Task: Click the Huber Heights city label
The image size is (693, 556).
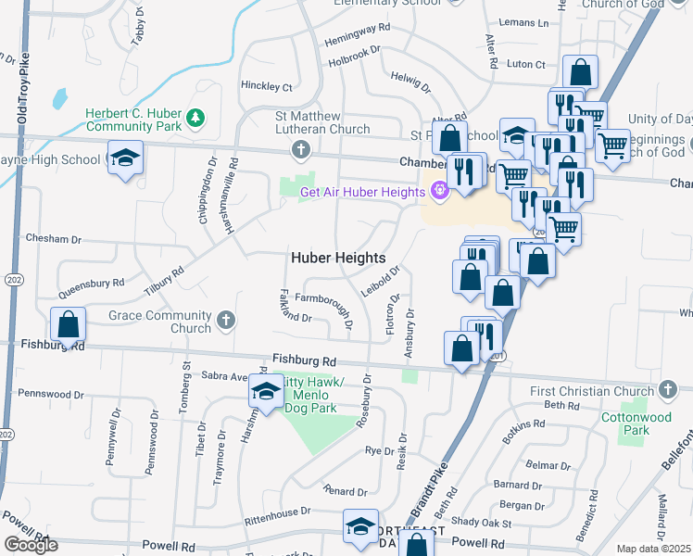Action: [339, 257]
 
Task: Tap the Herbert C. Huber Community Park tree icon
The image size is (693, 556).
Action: [195, 118]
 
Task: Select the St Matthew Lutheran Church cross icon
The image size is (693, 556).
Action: [299, 148]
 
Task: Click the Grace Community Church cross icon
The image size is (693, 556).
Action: [224, 322]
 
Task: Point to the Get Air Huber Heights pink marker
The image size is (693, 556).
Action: [438, 192]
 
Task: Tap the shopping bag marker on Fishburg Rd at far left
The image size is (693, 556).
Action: [68, 325]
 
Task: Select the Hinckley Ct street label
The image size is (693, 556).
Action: [267, 87]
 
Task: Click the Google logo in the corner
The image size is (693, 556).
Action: [31, 545]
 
